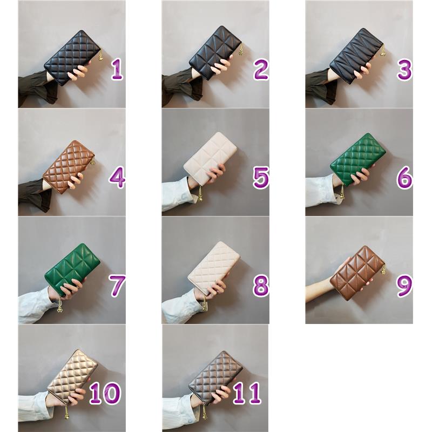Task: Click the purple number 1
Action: coord(117,70)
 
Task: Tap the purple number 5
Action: coord(261,178)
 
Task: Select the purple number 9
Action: coord(404,286)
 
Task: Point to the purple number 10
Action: coord(105,394)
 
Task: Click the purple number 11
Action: coord(247,394)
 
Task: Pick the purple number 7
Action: coord(117,286)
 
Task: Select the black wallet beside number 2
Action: coord(216,52)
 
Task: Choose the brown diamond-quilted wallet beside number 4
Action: coord(69,166)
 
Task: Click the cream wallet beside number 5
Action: coord(210,158)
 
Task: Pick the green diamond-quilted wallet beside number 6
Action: coord(358,159)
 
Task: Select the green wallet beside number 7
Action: coord(72,269)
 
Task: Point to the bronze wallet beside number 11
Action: coord(215,378)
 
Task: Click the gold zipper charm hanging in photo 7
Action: coord(59,305)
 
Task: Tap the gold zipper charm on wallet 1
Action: coord(101,56)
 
